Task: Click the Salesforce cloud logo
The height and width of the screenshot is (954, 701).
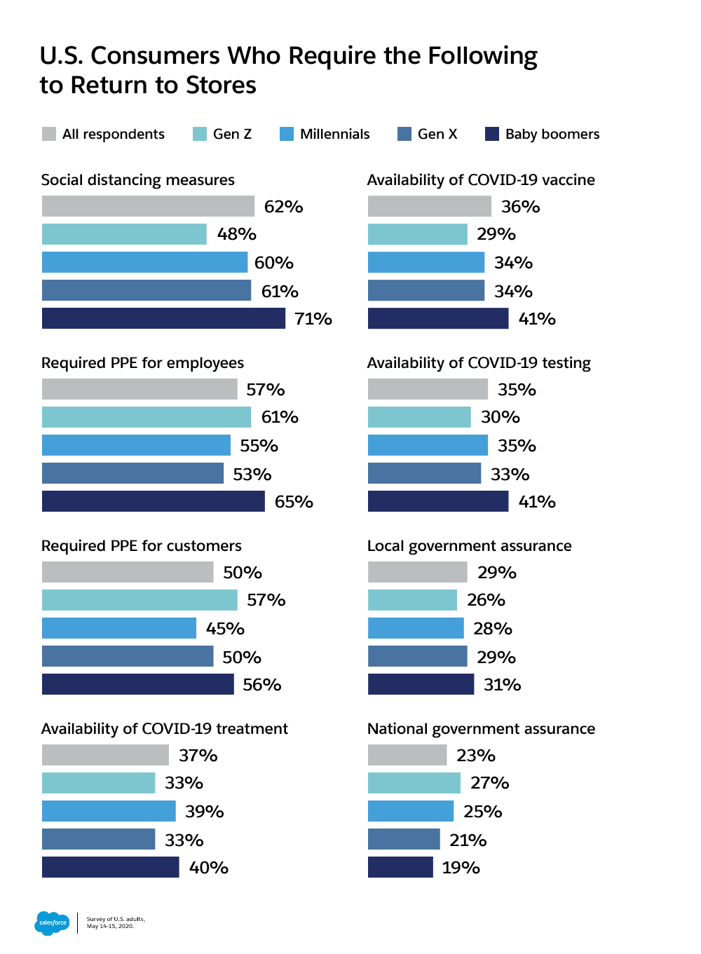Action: [x=52, y=922]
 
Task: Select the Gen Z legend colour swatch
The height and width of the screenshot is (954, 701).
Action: [x=200, y=134]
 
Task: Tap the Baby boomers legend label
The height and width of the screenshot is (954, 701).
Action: [x=552, y=134]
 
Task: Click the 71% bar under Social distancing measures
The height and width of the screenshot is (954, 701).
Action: [x=163, y=318]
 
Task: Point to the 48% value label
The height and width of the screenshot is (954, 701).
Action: [x=237, y=234]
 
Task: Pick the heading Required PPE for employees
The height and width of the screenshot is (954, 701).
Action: [x=142, y=362]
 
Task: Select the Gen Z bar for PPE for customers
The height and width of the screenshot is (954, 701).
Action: [x=139, y=600]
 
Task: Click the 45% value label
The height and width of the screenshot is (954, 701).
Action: [x=225, y=629]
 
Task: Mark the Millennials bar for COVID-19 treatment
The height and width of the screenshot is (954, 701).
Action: [x=109, y=811]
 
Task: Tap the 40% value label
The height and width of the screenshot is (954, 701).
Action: [x=209, y=868]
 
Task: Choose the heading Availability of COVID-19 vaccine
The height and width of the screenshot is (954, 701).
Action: [x=481, y=179]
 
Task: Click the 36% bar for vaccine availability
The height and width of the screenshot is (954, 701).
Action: [x=429, y=206]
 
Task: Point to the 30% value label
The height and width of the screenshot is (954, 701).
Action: [x=501, y=417]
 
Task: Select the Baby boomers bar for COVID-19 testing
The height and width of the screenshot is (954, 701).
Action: [x=438, y=501]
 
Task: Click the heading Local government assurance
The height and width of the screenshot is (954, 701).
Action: [x=469, y=545]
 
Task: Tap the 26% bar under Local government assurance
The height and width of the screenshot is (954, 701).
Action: [x=412, y=600]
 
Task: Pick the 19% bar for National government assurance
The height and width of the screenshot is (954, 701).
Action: [x=400, y=867]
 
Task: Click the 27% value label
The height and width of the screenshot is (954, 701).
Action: [x=490, y=783]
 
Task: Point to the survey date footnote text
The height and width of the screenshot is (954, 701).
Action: [x=116, y=922]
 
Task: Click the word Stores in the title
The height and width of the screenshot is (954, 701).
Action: [x=221, y=85]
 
